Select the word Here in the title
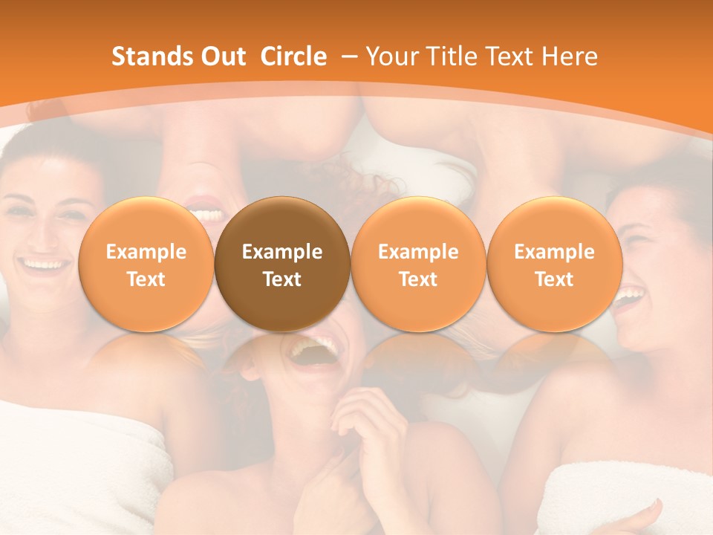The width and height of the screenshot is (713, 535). point(570,56)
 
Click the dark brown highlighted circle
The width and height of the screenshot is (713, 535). point(282,264)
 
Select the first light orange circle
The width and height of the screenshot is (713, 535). point(146,264)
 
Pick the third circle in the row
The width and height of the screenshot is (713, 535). point(418,264)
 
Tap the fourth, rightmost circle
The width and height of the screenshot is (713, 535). point(554,264)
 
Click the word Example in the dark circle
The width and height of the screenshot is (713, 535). point(282,252)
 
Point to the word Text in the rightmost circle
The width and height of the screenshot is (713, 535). point(554,279)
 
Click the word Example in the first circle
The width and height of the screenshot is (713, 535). point(146,252)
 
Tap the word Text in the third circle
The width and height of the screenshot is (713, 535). point(418,279)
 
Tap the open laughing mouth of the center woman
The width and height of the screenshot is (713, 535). point(312,349)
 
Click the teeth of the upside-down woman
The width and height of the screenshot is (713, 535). point(208,214)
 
